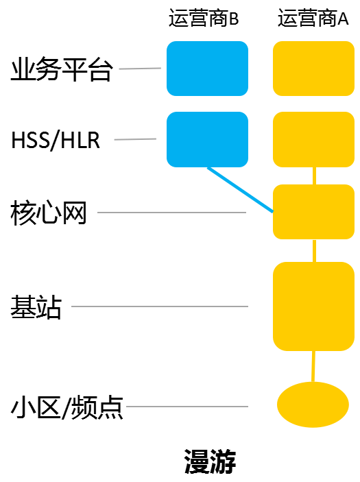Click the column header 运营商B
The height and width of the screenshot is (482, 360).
point(204,18)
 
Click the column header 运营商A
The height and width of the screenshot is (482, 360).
point(313,18)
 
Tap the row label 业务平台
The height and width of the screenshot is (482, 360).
point(62,69)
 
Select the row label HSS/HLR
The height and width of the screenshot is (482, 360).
point(56,140)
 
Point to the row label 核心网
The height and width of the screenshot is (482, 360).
point(48,213)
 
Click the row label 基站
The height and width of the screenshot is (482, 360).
point(36,306)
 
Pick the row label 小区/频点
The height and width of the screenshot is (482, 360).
point(67,407)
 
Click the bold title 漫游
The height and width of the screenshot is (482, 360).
point(210,461)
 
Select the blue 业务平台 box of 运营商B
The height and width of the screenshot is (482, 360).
point(207,69)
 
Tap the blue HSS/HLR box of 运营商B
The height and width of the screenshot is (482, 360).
point(207,140)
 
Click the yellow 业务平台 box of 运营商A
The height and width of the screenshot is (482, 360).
point(313,69)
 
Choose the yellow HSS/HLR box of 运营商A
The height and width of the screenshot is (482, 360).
point(313,140)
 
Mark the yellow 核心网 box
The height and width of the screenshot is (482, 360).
point(313,212)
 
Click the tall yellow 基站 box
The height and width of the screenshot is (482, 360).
point(313,306)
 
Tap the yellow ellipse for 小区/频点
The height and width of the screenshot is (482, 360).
point(313,405)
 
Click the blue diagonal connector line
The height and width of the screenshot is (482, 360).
point(241,190)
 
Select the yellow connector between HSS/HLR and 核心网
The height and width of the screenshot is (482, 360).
point(314,176)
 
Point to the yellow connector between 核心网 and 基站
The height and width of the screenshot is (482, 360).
point(314,250)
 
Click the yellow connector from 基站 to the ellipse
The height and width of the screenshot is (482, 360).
point(313,366)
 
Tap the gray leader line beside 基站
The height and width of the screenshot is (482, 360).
point(160,306)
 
